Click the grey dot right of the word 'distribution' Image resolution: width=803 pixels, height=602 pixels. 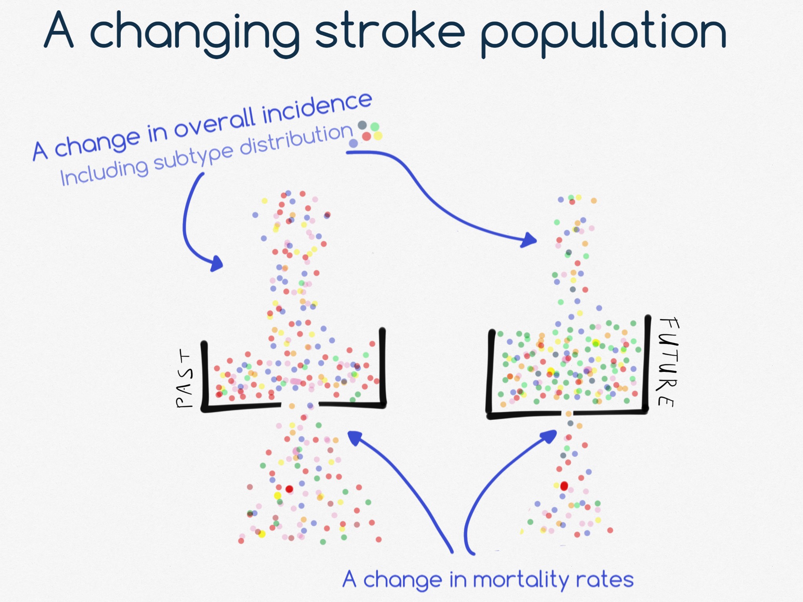click(x=362, y=125)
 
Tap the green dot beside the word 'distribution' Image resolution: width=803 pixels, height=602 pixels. click(x=375, y=127)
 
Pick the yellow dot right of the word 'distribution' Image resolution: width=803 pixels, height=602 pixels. click(x=378, y=136)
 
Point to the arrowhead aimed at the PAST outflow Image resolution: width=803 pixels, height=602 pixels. click(x=355, y=438)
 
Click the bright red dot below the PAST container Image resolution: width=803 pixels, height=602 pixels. click(x=289, y=489)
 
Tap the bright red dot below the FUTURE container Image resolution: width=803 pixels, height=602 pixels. click(x=564, y=486)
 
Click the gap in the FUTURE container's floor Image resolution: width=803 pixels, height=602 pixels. click(x=568, y=413)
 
